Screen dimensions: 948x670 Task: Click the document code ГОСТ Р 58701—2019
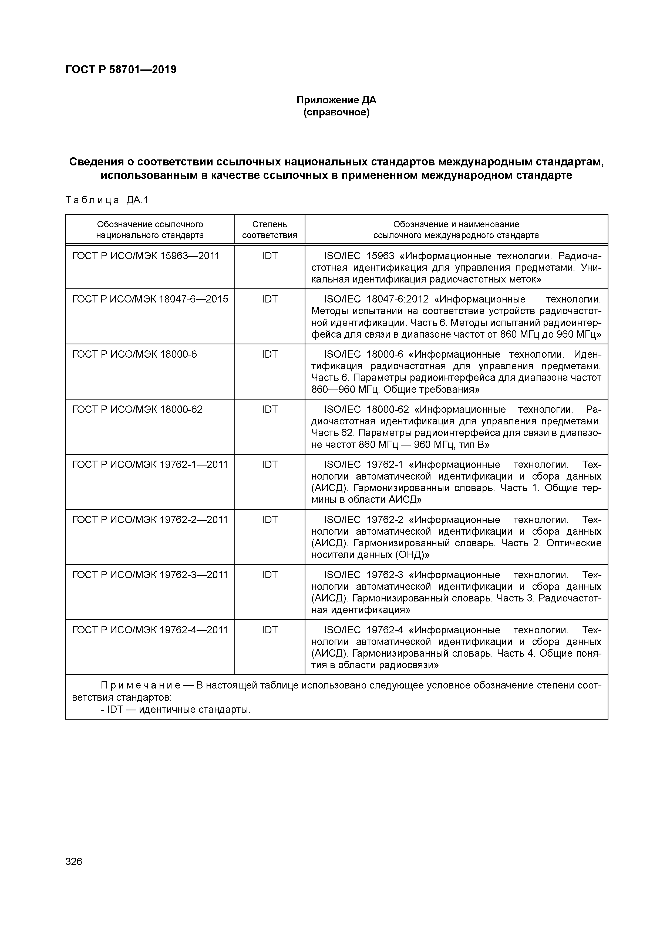(x=121, y=70)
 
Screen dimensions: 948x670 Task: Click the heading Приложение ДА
(x=336, y=100)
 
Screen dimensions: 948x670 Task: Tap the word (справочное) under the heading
(x=336, y=112)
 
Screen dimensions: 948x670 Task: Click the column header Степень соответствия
(x=270, y=229)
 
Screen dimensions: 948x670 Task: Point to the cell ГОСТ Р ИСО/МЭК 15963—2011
(x=146, y=256)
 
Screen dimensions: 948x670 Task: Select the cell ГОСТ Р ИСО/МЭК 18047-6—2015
(x=150, y=299)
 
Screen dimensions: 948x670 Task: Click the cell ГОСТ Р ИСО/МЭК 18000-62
(x=137, y=410)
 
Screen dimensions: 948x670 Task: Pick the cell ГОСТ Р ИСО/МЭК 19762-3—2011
(x=150, y=575)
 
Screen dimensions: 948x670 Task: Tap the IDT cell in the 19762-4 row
(x=270, y=630)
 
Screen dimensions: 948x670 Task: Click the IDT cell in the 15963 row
(x=270, y=256)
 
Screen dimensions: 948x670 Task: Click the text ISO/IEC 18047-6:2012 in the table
(x=376, y=299)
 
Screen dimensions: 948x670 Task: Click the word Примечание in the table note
(x=140, y=686)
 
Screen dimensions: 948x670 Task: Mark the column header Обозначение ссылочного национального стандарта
(x=150, y=229)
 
